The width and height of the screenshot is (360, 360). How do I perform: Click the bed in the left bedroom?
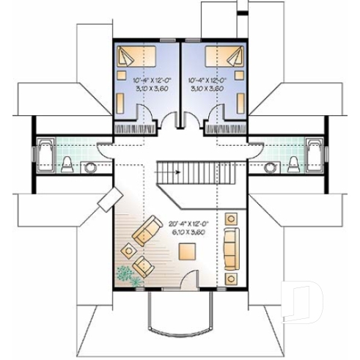132,56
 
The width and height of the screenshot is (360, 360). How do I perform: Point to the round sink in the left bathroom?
89,166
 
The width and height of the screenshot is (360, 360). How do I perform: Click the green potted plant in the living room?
125,273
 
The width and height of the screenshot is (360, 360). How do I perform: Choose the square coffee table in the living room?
187,251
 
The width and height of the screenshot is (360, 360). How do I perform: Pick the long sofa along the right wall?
231,246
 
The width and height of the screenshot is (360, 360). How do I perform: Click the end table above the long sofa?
231,218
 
